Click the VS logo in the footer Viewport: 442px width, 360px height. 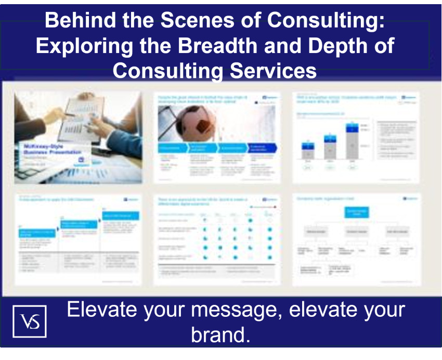[29, 320]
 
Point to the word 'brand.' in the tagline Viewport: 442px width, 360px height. [220, 335]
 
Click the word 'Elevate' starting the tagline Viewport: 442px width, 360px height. [101, 310]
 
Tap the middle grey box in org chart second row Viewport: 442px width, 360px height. [357, 231]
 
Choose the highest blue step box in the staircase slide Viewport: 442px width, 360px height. [120, 216]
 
